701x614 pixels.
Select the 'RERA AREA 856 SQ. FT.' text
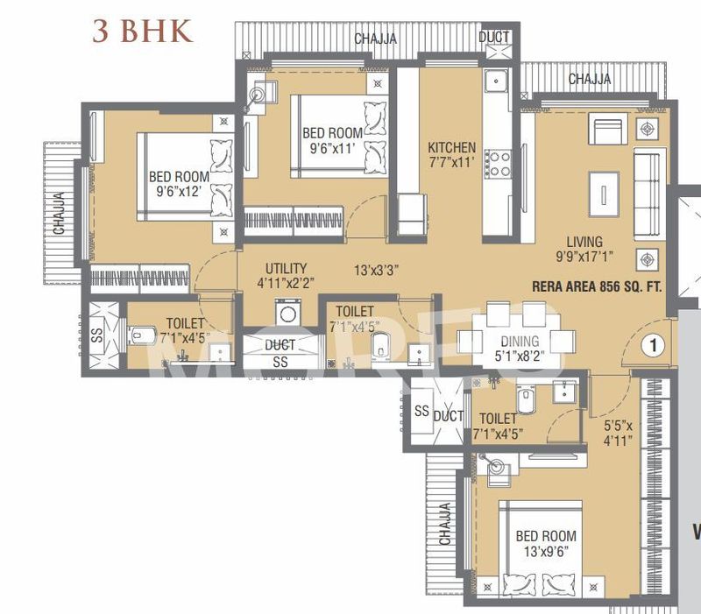597,286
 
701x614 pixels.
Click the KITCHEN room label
451,148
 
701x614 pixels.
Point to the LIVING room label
584,242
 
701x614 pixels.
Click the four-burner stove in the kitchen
499,162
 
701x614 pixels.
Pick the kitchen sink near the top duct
498,81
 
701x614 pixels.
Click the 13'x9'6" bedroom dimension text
545,551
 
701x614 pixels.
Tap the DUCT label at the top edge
493,37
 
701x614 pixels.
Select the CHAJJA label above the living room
590,79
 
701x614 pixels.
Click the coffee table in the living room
603,190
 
